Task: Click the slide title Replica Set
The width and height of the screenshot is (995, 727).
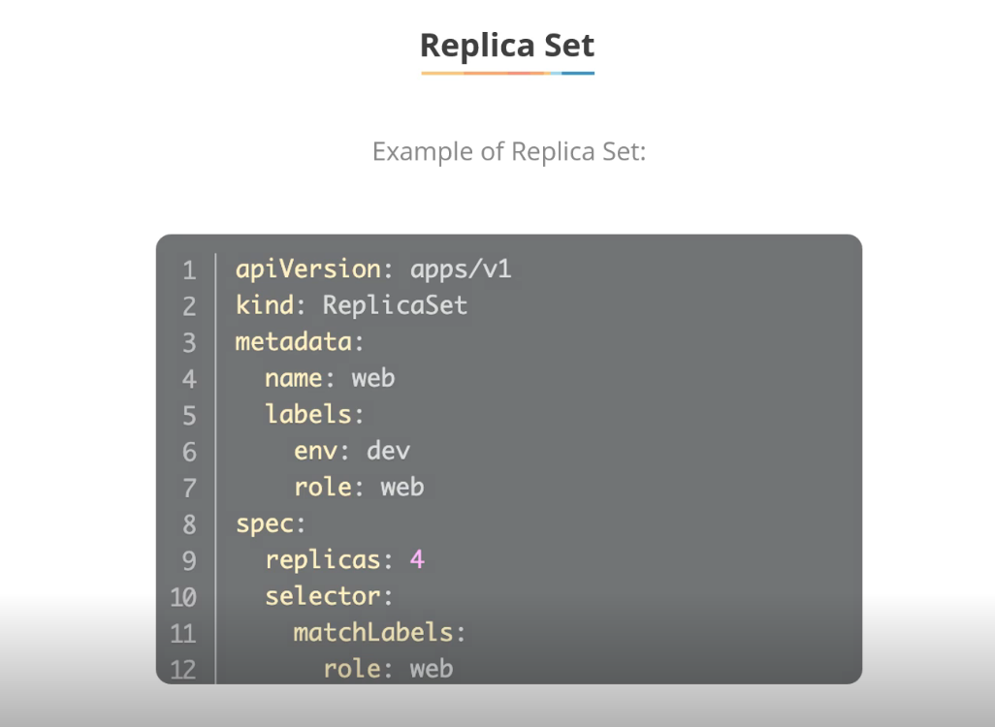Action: pos(506,45)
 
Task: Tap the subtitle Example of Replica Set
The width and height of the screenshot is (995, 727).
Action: pos(508,152)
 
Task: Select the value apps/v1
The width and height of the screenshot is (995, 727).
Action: pos(461,269)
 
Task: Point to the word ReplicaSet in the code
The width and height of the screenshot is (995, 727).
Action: pos(395,305)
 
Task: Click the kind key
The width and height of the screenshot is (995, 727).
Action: pos(264,305)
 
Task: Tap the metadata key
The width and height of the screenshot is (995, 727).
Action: pos(293,341)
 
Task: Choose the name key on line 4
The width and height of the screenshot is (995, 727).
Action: pos(293,378)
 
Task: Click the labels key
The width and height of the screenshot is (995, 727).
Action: pos(307,414)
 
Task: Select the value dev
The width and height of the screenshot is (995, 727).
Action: pos(388,451)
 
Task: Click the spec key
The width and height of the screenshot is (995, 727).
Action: pos(264,523)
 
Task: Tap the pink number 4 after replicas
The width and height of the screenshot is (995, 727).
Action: pos(417,560)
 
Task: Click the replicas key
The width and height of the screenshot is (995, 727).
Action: pos(322,560)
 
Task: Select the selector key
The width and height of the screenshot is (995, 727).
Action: pos(322,596)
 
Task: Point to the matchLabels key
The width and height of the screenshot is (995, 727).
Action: pos(373,633)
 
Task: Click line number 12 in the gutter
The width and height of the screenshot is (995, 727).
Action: pos(184,670)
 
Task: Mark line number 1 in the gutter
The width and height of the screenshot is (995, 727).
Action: pos(189,270)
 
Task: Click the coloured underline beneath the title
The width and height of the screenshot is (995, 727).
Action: pos(507,73)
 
